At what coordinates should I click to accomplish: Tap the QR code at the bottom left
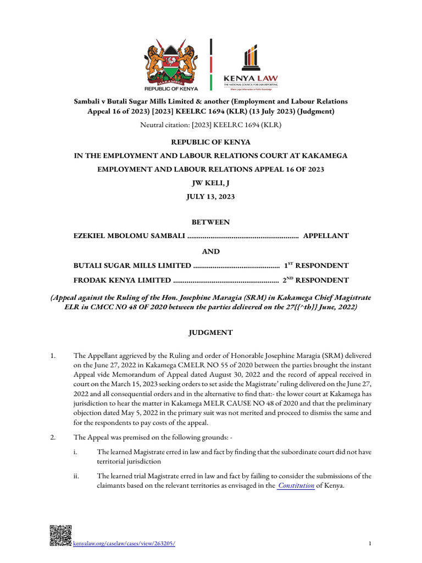(x=60, y=536)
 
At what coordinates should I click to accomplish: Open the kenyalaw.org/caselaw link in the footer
(x=124, y=544)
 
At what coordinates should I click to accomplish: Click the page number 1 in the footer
(x=370, y=544)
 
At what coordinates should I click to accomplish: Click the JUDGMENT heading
(x=211, y=333)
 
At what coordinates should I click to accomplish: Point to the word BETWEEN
(x=211, y=222)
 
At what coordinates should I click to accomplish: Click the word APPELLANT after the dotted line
(x=326, y=236)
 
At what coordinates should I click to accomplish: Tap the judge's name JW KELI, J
(x=211, y=183)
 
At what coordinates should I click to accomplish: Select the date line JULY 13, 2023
(x=211, y=197)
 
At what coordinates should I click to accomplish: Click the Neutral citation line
(x=211, y=125)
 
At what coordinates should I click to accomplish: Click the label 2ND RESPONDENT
(x=315, y=280)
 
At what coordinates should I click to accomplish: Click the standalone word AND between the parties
(x=211, y=251)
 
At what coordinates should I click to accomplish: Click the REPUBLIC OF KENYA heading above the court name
(x=211, y=142)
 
